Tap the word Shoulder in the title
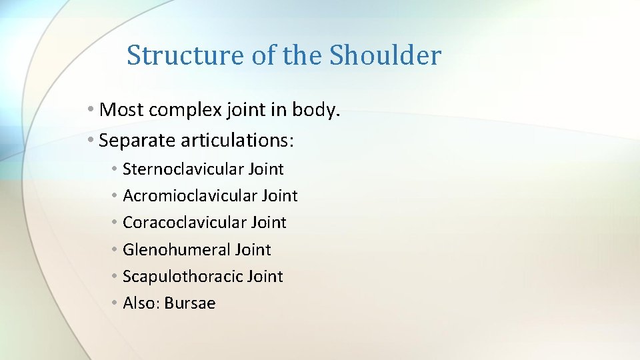(385, 55)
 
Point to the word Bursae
(190, 303)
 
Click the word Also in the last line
(139, 303)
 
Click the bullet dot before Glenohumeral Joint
(115, 249)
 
